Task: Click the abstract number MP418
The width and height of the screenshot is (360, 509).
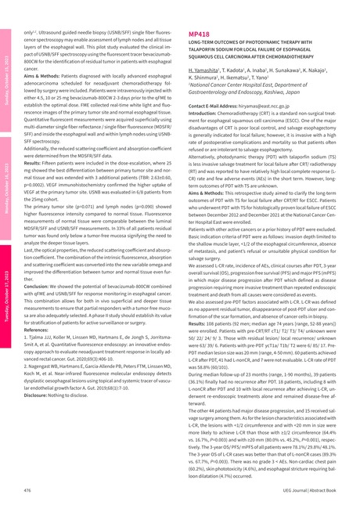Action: pos(198,36)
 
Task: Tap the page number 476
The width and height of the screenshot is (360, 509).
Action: pos(27,489)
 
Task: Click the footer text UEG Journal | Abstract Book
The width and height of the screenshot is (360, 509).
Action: pos(312,489)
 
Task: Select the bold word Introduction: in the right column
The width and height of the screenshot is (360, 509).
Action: pos(207,113)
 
